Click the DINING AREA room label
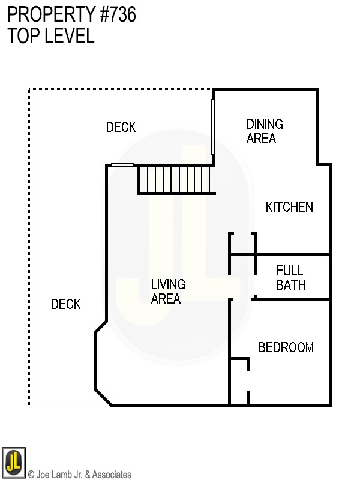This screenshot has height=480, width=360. pyautogui.click(x=265, y=131)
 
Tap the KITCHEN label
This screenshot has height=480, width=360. pyautogui.click(x=289, y=207)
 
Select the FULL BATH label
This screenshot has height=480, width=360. pyautogui.click(x=290, y=277)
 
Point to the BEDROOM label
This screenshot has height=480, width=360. pyautogui.click(x=286, y=347)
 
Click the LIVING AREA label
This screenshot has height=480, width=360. pyautogui.click(x=167, y=291)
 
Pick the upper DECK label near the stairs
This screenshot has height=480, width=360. pyautogui.click(x=121, y=127)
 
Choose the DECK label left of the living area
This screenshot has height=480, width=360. pyautogui.click(x=65, y=304)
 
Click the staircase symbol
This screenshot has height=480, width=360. pyautogui.click(x=176, y=179)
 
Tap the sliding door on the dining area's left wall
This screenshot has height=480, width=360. pyautogui.click(x=213, y=127)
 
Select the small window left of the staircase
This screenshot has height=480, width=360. pyautogui.click(x=122, y=165)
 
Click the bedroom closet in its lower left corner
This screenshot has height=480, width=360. pyautogui.click(x=239, y=382)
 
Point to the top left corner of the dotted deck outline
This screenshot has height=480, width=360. pyautogui.click(x=29, y=89)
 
